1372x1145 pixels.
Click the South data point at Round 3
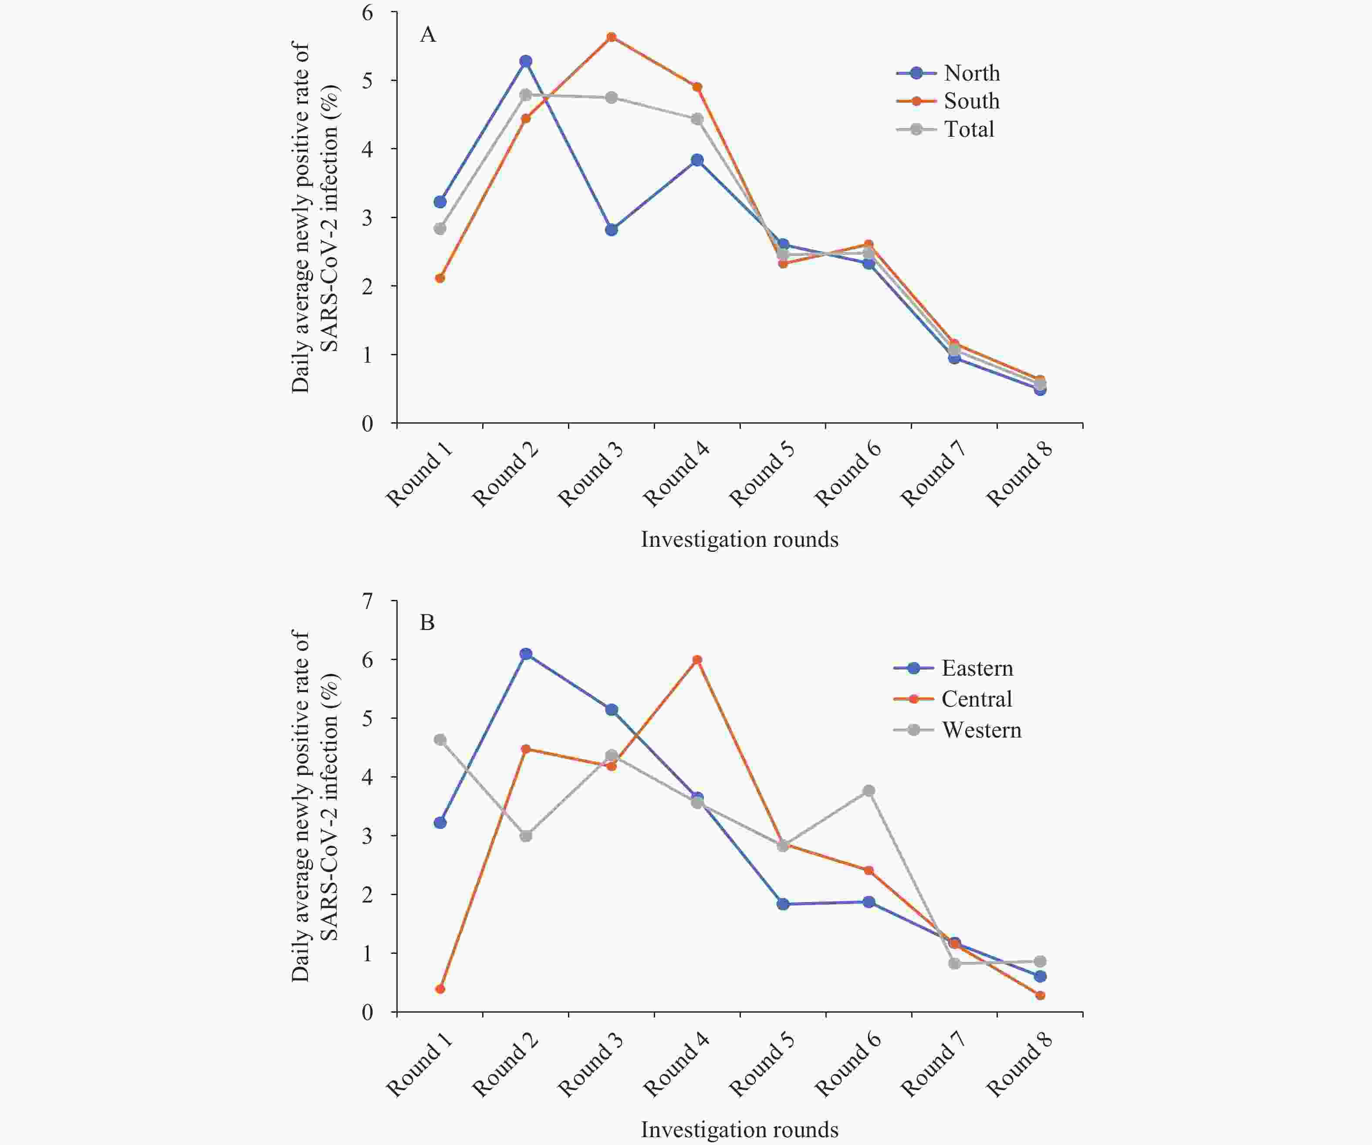[x=612, y=37]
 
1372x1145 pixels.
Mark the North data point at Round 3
[x=612, y=230]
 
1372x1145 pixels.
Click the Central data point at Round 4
[x=697, y=660]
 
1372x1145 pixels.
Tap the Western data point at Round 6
[x=869, y=791]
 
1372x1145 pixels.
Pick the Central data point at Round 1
[x=440, y=989]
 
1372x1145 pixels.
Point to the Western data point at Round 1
[x=440, y=740]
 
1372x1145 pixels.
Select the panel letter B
[x=427, y=623]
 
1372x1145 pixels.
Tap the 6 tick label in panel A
[x=368, y=13]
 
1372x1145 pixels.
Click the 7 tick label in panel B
[x=368, y=601]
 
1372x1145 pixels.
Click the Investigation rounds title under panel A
[x=740, y=539]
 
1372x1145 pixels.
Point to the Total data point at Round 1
[x=440, y=229]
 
